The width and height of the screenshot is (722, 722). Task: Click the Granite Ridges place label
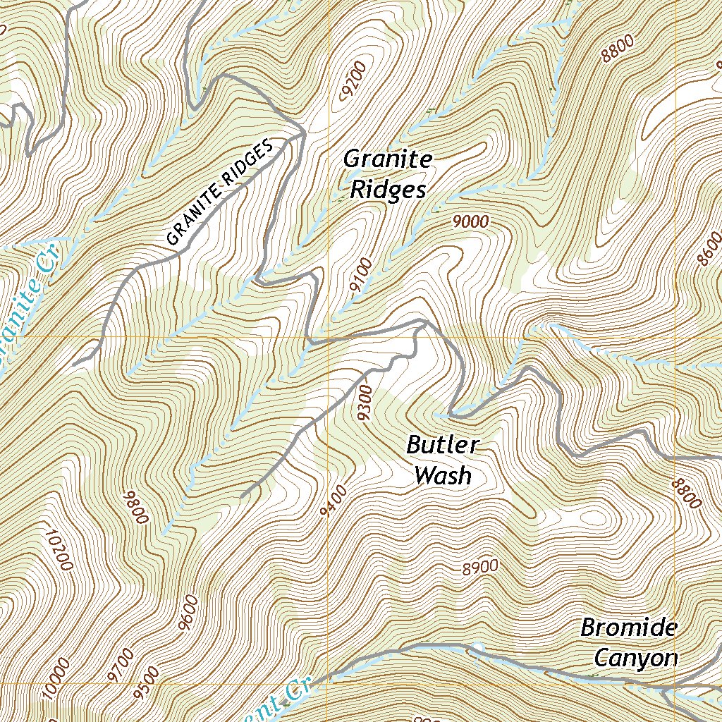point(388,175)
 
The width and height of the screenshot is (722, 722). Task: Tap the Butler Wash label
point(443,460)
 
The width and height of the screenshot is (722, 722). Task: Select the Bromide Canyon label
point(629,643)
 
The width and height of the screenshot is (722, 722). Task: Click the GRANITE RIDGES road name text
point(219,193)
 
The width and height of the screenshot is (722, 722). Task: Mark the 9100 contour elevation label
point(360,276)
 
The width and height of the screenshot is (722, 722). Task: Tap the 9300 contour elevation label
point(365,403)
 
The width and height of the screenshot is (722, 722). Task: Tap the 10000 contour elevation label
point(56,678)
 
